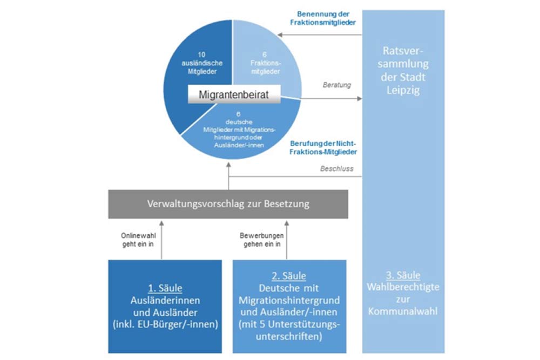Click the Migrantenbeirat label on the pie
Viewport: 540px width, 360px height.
pos(233,96)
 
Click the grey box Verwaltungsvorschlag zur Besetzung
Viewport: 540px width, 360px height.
pos(228,205)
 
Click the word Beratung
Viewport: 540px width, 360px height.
pos(337,85)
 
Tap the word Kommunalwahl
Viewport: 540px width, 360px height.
pos(403,311)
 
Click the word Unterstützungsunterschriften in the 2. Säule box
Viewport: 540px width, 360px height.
pos(288,330)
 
